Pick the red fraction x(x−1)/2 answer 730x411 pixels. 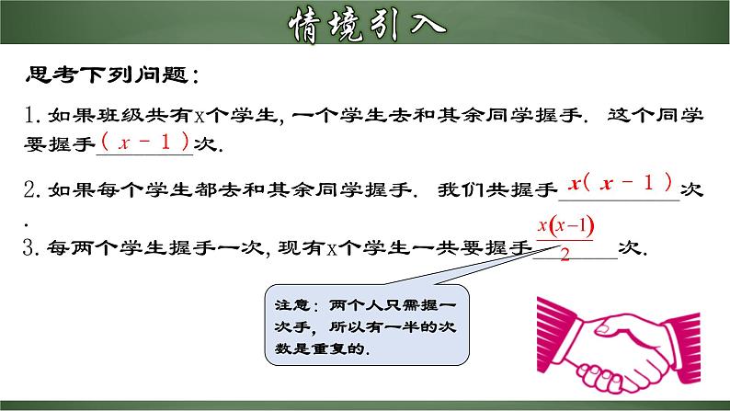[564, 237]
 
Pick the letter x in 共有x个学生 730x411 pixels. [199, 116]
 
